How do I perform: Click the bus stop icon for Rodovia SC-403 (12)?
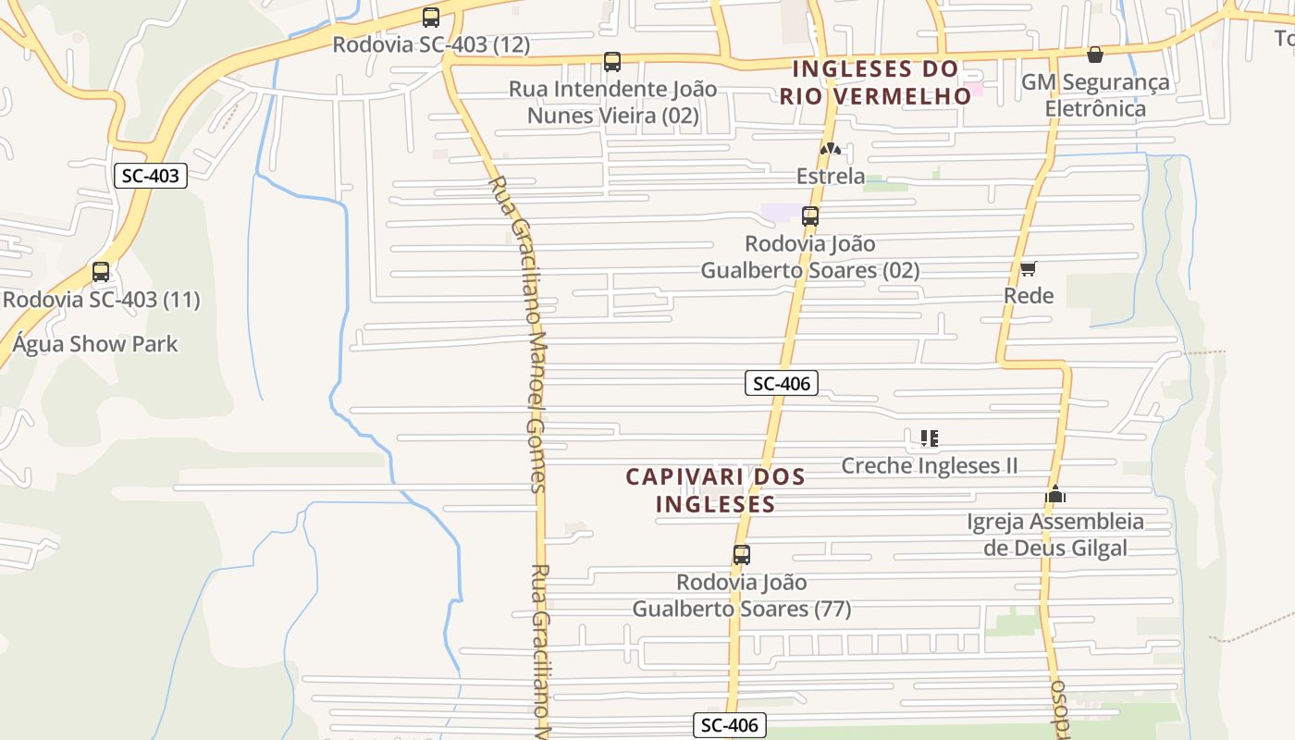pos(431,17)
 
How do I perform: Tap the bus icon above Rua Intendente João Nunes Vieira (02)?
pos(612,62)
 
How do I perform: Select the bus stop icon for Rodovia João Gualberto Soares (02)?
pos(810,216)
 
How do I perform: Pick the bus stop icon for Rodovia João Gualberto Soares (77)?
pos(742,555)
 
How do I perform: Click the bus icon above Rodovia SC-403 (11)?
pos(101,272)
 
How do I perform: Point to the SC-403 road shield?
pos(151,176)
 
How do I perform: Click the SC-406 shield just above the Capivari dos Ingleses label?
pos(782,383)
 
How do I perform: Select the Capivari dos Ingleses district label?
pos(715,490)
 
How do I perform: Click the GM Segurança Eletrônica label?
pos(1095,95)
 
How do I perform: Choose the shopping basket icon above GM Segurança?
pos(1095,55)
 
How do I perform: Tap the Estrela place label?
pos(831,176)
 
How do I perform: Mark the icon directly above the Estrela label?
pos(831,149)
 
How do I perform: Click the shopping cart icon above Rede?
pos(1028,268)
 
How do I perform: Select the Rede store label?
pos(1029,296)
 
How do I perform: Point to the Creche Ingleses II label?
pos(930,465)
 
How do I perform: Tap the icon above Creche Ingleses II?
pos(930,438)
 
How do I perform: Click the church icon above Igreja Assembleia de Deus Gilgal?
pos(1055,494)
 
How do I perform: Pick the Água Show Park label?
pos(95,344)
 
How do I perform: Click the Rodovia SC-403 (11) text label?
pos(101,300)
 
